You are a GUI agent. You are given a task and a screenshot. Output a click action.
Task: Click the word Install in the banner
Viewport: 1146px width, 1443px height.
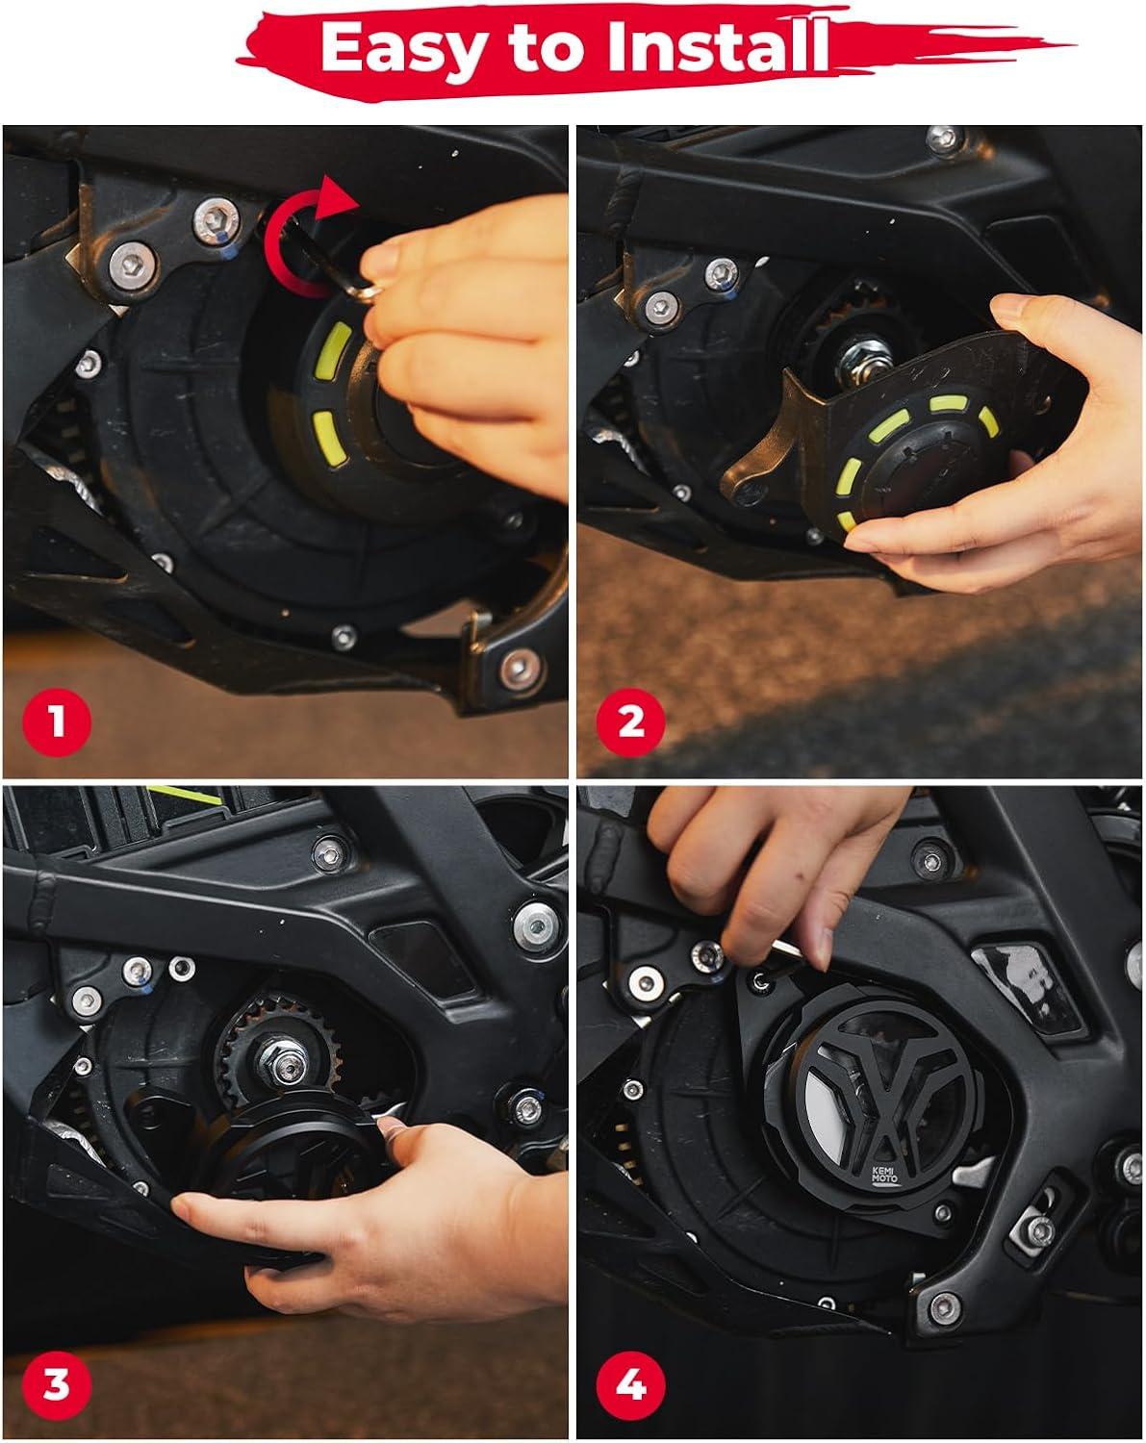click(x=717, y=44)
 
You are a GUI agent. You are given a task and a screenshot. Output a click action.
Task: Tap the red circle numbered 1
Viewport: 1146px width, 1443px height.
click(x=57, y=722)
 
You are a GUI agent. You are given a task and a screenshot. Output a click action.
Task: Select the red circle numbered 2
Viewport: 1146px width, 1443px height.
click(x=630, y=722)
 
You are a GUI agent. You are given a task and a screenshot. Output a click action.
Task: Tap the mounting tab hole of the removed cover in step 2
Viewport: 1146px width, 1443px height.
click(x=750, y=493)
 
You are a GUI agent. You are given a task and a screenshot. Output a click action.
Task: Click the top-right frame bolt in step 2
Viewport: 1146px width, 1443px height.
click(x=945, y=139)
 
